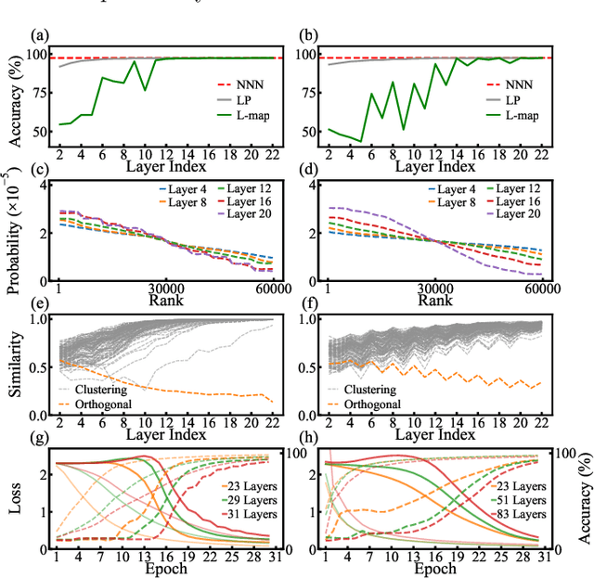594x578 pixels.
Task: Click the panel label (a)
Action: tap(39, 36)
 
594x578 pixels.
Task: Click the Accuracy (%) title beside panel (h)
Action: tap(583, 496)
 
